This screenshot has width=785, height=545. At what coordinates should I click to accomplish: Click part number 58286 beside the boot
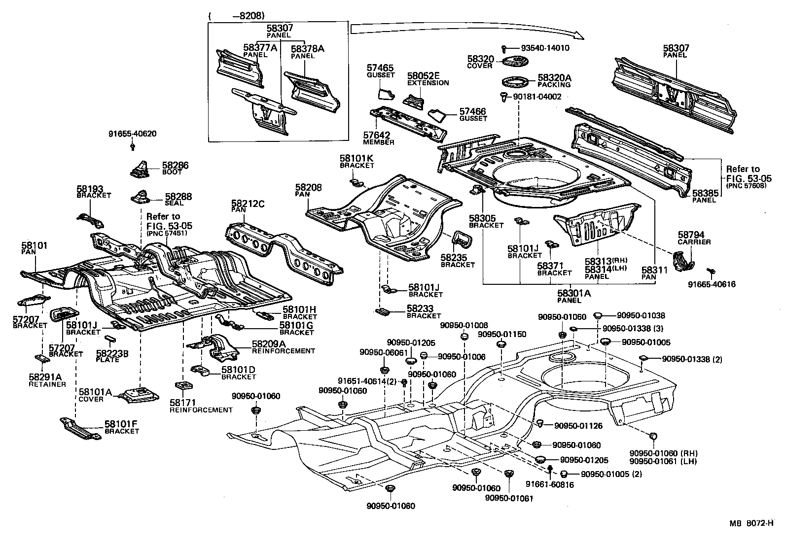(176, 166)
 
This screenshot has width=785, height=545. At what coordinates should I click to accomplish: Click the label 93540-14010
(545, 48)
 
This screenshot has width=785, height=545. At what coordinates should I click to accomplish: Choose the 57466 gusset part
(437, 117)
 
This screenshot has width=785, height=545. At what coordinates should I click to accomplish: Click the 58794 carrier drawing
(683, 261)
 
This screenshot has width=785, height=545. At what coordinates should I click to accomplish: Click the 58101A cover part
(141, 395)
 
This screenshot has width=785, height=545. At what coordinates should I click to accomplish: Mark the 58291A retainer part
(40, 358)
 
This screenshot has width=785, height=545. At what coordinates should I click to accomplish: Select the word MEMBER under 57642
(379, 142)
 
